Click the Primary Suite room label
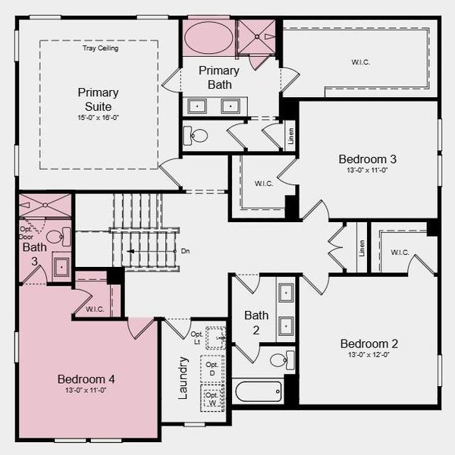point(98,99)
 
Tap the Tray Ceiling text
point(100,49)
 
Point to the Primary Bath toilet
point(198,136)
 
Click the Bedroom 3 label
point(367,159)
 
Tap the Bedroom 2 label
point(369,344)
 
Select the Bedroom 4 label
point(86,378)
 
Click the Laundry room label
point(183,378)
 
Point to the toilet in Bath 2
point(278,359)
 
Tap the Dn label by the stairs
point(185,251)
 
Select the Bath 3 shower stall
point(45,206)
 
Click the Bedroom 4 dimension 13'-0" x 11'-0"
point(86,391)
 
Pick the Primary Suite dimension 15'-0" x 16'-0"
point(98,118)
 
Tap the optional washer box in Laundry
point(213,397)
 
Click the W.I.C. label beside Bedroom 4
point(95,309)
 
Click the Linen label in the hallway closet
point(361,247)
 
